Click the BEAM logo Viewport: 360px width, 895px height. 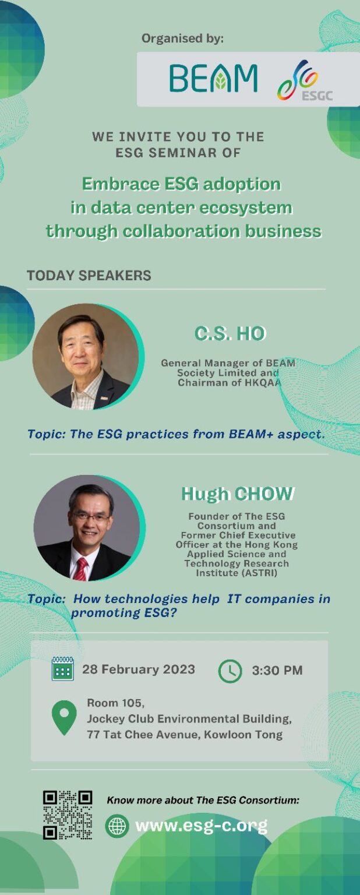(x=213, y=78)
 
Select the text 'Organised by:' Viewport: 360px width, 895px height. (x=182, y=38)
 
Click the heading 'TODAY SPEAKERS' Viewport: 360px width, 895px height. (x=89, y=275)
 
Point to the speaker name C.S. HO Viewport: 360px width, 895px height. (x=230, y=334)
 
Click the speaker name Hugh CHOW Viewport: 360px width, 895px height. (x=238, y=494)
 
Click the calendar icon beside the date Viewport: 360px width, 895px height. (x=63, y=668)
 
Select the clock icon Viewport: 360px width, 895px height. (x=230, y=671)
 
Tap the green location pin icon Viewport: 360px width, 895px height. (x=64, y=718)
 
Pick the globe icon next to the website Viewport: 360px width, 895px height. (x=117, y=826)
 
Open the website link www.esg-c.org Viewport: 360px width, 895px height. (x=202, y=826)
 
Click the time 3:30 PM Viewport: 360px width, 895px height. (x=277, y=671)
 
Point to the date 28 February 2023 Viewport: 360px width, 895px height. (x=139, y=670)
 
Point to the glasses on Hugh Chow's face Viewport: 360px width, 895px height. (x=90, y=517)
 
